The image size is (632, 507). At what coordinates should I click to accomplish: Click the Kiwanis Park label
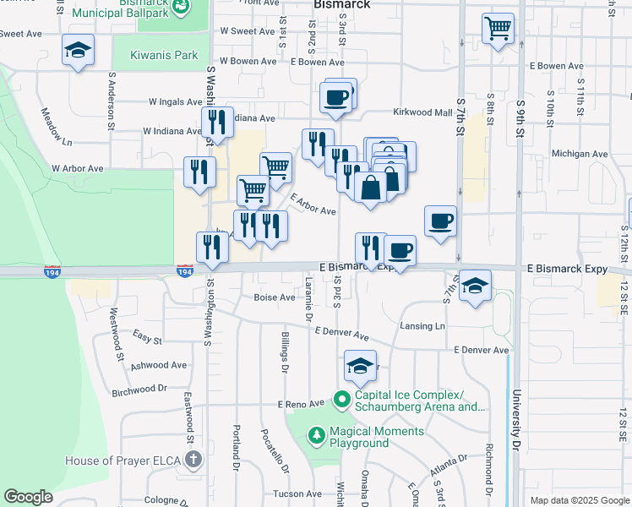click(x=163, y=56)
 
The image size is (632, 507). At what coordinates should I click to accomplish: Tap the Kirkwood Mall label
click(x=422, y=112)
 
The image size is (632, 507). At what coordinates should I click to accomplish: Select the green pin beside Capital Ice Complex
click(x=342, y=397)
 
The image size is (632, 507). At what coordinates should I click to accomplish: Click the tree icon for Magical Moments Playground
click(x=317, y=436)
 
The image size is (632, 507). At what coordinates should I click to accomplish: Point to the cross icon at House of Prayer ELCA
click(x=193, y=461)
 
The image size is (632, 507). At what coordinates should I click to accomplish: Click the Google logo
click(x=28, y=497)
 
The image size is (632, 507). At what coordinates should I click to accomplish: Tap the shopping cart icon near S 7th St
click(x=498, y=28)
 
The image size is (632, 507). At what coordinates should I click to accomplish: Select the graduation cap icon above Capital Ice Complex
click(x=360, y=367)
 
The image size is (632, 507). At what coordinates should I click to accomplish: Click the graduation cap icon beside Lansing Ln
click(x=476, y=286)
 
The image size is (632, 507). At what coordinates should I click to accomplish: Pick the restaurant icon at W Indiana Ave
click(x=217, y=123)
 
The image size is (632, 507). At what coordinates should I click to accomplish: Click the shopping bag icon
click(x=371, y=187)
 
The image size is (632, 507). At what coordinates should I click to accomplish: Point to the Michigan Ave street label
click(x=579, y=155)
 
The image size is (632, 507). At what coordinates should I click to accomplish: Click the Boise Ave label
click(x=275, y=297)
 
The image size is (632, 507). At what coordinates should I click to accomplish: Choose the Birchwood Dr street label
click(x=139, y=390)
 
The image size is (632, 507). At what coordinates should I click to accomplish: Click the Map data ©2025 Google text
click(x=579, y=500)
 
